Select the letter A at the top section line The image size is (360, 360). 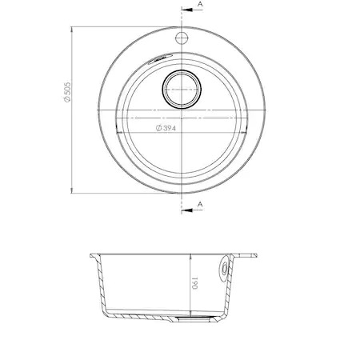click(x=198, y=6)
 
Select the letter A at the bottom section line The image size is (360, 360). click(x=198, y=206)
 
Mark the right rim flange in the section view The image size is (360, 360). click(x=246, y=257)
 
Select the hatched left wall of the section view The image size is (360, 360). click(x=102, y=288)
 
